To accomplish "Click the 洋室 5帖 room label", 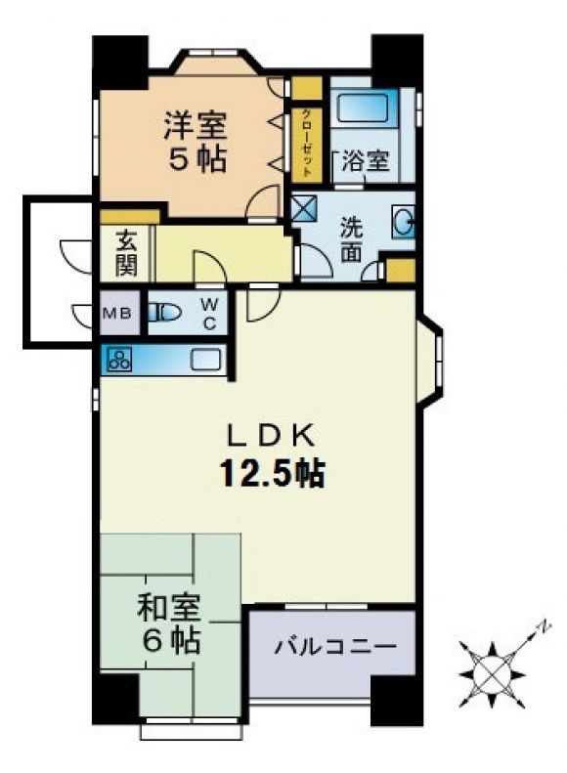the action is coord(196,142).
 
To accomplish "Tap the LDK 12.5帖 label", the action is coord(271,458).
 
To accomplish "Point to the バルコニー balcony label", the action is coord(335,645).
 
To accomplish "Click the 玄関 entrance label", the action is coord(126,253).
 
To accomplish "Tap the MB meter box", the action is coord(118,313).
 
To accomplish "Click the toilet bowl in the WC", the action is coord(164,313).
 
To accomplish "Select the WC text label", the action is coord(209,314).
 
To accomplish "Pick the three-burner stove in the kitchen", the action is coord(120,359).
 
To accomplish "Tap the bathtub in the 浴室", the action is coord(364,107).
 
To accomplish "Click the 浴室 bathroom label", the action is coord(366,159).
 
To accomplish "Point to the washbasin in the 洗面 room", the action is coord(404,222).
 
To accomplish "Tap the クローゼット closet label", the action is coord(306,143).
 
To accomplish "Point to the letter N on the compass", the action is coord(544,626).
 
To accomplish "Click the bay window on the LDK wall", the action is coord(430,363).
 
